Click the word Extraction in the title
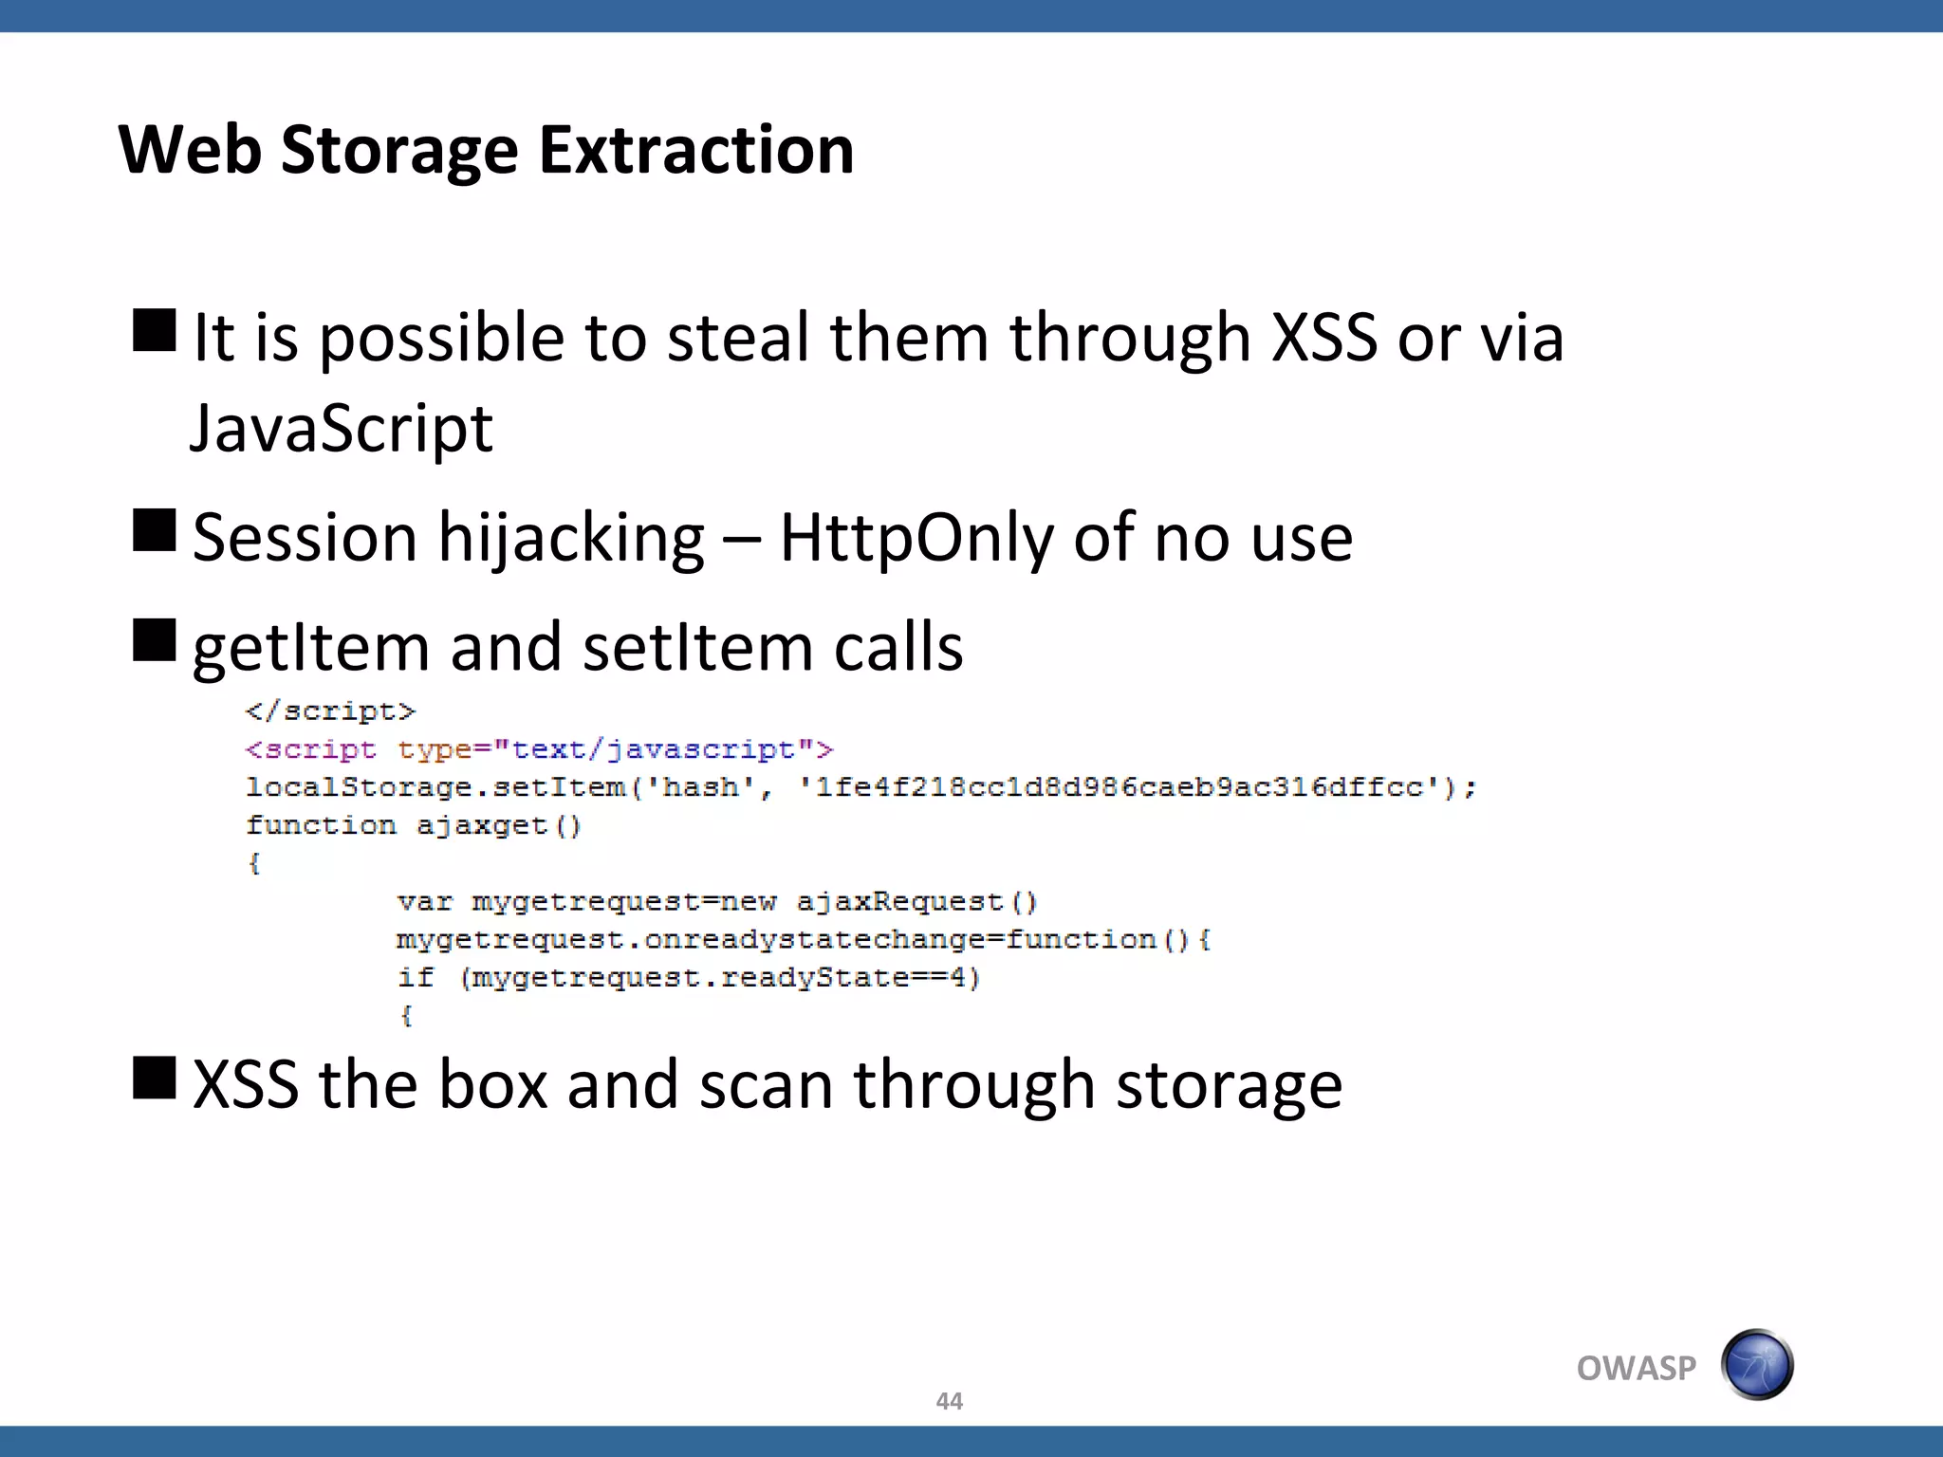click(696, 150)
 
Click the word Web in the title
click(190, 150)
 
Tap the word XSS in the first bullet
click(1323, 338)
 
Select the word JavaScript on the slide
click(342, 429)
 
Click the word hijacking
click(571, 538)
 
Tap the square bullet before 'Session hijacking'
click(155, 530)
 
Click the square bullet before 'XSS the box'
click(155, 1078)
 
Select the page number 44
click(949, 1401)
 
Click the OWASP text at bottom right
click(1636, 1369)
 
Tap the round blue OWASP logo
click(1757, 1365)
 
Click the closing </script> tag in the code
click(330, 711)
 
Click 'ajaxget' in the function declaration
click(481, 825)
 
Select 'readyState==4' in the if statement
click(849, 977)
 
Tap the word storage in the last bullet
click(1229, 1085)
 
